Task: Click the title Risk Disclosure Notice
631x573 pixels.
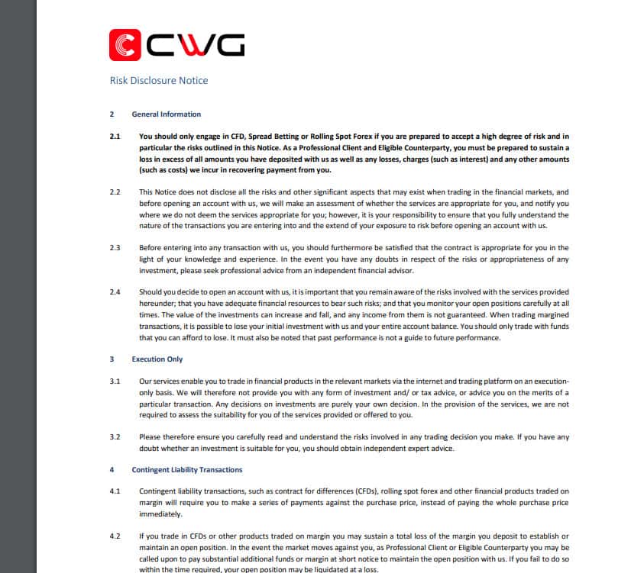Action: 159,80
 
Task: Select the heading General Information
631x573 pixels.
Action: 167,114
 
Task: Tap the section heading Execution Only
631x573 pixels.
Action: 157,359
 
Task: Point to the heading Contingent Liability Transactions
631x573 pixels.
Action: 187,470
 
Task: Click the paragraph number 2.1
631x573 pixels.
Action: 115,137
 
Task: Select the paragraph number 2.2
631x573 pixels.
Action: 115,192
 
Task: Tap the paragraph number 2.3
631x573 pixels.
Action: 115,248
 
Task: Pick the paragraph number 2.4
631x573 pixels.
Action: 115,292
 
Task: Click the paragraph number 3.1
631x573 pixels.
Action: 115,381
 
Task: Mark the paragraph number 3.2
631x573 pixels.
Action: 115,437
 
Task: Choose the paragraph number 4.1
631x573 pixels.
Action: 115,491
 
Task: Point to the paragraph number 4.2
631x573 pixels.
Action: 115,536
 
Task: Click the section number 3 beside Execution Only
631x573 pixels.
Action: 112,359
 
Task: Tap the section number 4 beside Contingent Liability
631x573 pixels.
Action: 112,470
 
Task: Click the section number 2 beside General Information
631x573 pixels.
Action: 112,114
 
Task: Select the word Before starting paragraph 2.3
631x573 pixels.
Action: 151,248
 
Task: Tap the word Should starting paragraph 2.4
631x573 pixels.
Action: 151,292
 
